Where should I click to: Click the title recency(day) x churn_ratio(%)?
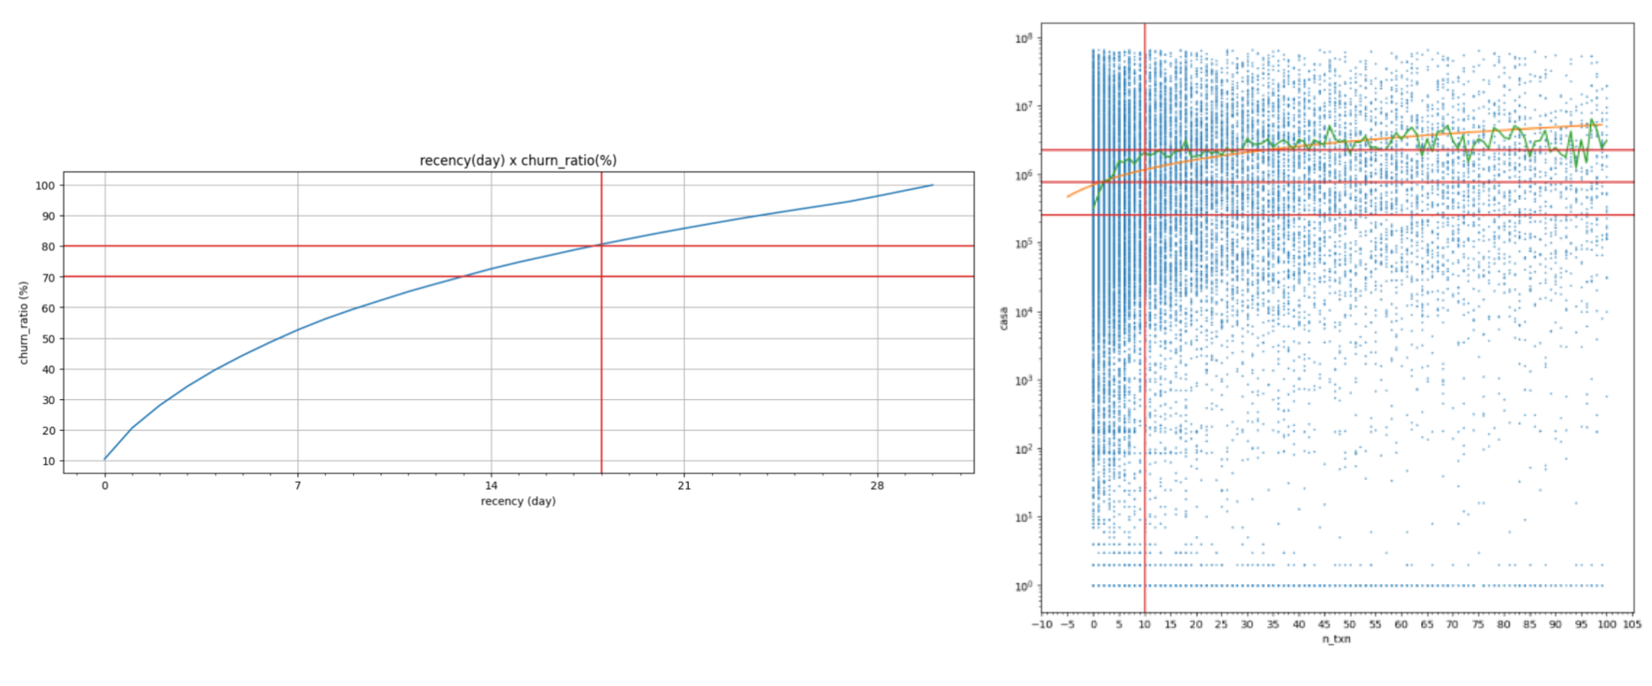point(518,161)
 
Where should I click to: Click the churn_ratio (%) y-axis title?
point(23,323)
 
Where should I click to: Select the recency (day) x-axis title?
point(518,501)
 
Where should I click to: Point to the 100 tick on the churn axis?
point(45,186)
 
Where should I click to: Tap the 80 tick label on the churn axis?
point(49,247)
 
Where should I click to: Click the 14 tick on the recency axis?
point(491,485)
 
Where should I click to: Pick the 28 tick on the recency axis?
point(877,485)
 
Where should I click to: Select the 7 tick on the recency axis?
point(298,485)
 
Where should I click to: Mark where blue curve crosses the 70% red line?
point(461,276)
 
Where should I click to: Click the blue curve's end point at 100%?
point(932,185)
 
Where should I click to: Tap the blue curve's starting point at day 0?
point(105,458)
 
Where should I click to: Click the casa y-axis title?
point(1003,319)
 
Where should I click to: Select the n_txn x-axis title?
point(1336,639)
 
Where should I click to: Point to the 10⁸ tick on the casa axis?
point(1024,38)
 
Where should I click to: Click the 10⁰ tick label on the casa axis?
point(1024,586)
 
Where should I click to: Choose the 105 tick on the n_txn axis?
point(1632,624)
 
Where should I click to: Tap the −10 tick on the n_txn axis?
point(1042,624)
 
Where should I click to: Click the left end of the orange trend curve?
point(1068,197)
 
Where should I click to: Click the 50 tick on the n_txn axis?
point(1350,624)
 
